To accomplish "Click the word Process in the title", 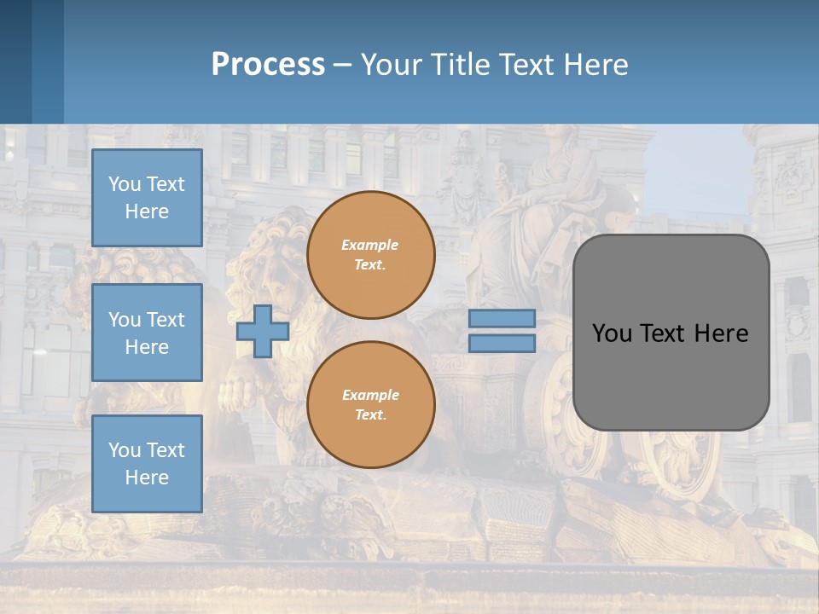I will [x=268, y=65].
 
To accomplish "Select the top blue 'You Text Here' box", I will [x=147, y=198].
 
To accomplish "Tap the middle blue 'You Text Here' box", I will [x=147, y=333].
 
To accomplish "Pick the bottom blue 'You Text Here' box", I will [x=147, y=464].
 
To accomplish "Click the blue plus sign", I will [x=263, y=331].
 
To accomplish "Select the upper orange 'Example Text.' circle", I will [x=371, y=255].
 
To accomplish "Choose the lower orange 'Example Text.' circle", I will [x=371, y=405].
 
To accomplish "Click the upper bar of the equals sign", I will [x=502, y=318].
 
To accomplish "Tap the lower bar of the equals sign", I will [x=502, y=343].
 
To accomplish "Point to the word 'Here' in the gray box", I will [x=721, y=333].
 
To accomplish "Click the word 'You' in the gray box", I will [x=612, y=333].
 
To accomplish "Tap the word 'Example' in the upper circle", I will [x=369, y=245].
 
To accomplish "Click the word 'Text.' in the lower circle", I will [x=370, y=415].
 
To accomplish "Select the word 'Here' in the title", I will [x=595, y=65].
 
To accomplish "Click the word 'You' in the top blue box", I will [x=125, y=184].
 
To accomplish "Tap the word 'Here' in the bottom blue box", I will [x=147, y=478].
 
